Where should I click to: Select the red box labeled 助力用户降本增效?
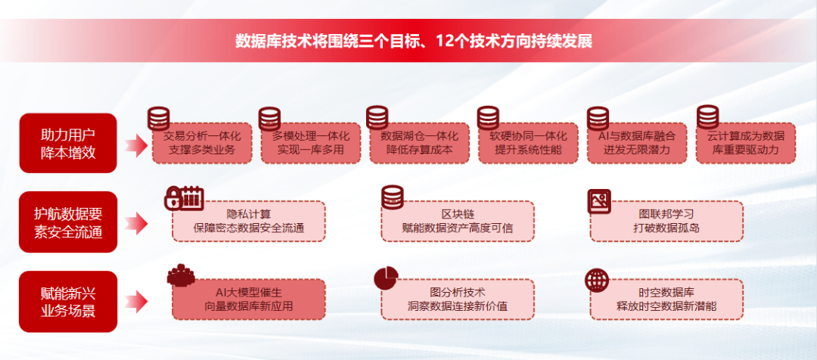coord(68,143)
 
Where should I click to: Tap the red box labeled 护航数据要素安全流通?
coord(68,222)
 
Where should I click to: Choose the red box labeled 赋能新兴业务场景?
coord(68,301)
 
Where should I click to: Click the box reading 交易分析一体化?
coord(201,144)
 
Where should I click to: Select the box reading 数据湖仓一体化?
coord(419,144)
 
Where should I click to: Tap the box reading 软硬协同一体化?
coord(528,144)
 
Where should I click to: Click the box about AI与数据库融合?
coord(637,144)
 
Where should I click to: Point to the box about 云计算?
coord(746,144)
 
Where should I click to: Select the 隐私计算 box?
coord(250,221)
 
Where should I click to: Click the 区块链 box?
coord(458,221)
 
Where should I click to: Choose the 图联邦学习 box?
coord(666,221)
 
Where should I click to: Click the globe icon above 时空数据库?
coord(597,280)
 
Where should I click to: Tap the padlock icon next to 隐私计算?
coord(172,198)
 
